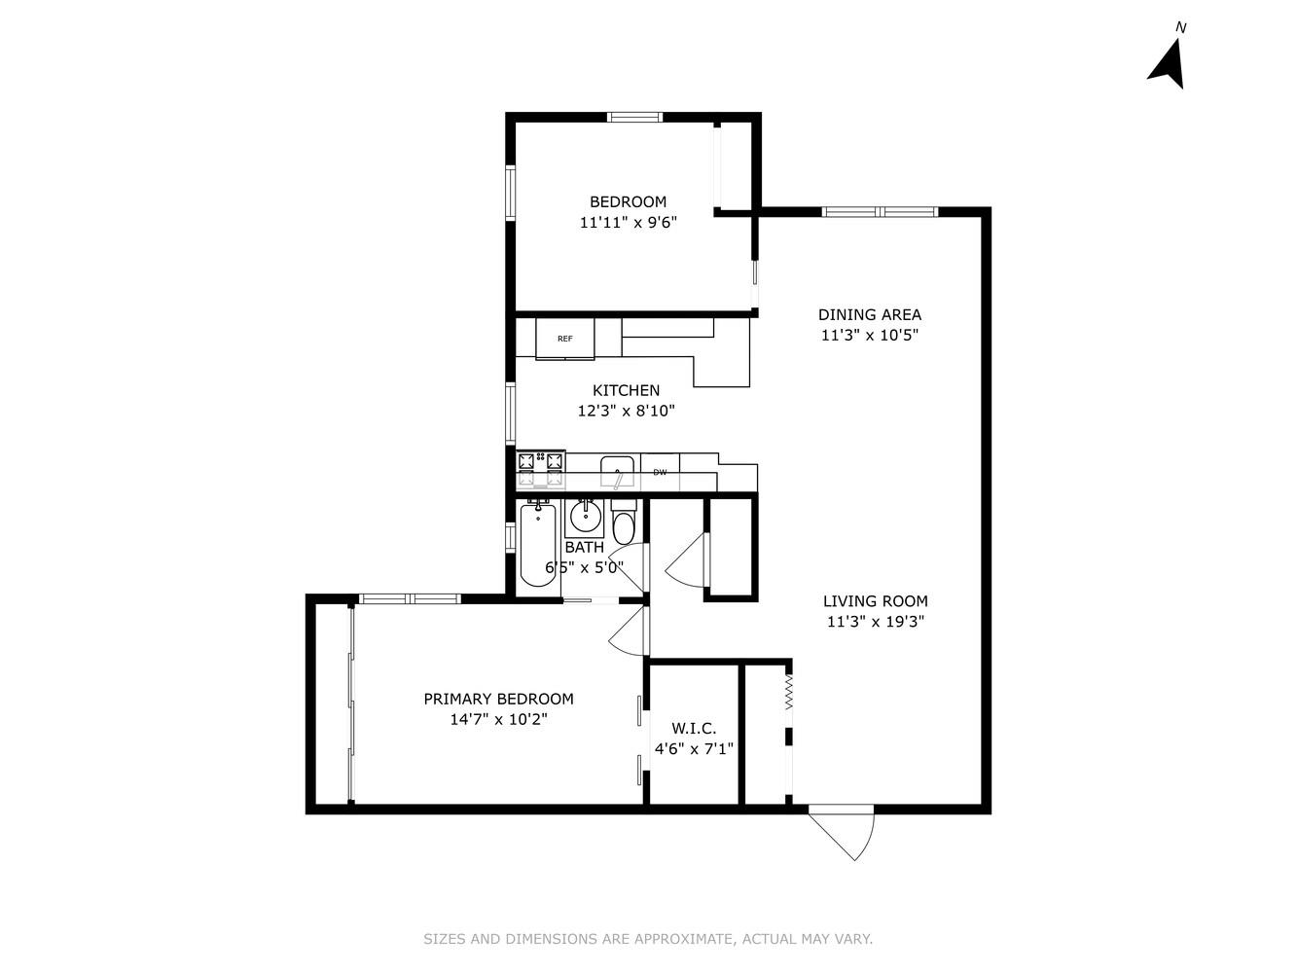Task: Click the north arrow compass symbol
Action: click(1168, 63)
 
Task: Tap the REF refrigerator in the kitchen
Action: click(564, 339)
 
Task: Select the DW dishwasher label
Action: click(660, 472)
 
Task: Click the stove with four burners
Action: click(540, 470)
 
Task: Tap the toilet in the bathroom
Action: click(623, 523)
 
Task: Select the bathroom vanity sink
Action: click(585, 515)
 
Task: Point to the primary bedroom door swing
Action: click(628, 632)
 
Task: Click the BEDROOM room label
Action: click(628, 201)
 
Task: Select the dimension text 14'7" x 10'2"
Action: click(498, 720)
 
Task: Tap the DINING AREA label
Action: click(869, 314)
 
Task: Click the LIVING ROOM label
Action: click(875, 601)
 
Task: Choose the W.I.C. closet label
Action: click(694, 729)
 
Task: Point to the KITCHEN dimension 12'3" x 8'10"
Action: click(626, 411)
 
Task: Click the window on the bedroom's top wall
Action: click(634, 117)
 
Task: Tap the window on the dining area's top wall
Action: click(880, 211)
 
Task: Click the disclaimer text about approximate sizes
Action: click(648, 939)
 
